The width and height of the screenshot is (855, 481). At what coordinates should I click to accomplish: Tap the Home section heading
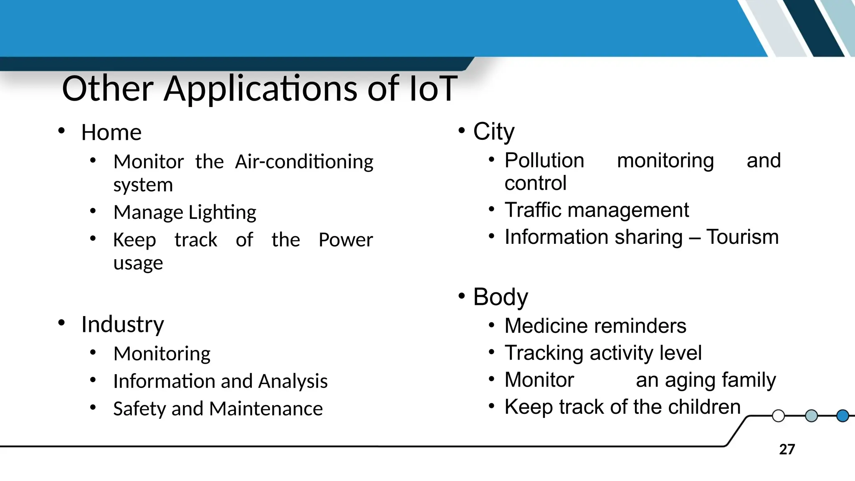click(111, 133)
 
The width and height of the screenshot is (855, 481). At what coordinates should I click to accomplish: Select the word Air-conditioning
click(304, 162)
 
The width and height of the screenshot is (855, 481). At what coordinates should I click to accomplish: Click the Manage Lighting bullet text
click(185, 213)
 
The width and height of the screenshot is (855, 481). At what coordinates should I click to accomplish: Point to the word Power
click(345, 240)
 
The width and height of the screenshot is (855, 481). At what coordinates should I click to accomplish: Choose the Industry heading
click(122, 324)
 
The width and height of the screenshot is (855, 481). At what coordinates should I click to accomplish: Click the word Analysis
click(293, 381)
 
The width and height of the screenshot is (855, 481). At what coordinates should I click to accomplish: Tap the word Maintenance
click(266, 409)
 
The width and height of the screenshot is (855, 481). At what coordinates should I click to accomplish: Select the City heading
click(493, 132)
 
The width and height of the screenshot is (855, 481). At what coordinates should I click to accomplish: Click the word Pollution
click(544, 161)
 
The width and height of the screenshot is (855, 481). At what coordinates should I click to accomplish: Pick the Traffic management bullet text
click(597, 210)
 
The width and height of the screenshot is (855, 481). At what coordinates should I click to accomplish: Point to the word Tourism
click(742, 237)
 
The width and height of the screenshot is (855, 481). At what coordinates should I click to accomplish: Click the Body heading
click(500, 297)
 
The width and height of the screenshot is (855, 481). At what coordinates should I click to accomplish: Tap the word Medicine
click(543, 326)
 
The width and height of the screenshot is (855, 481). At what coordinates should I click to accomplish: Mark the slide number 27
click(787, 450)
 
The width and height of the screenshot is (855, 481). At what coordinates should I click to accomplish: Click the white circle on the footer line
click(778, 416)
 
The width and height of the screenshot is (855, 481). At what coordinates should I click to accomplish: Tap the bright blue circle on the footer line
click(842, 416)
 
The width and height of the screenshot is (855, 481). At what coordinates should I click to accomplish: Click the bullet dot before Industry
click(61, 323)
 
